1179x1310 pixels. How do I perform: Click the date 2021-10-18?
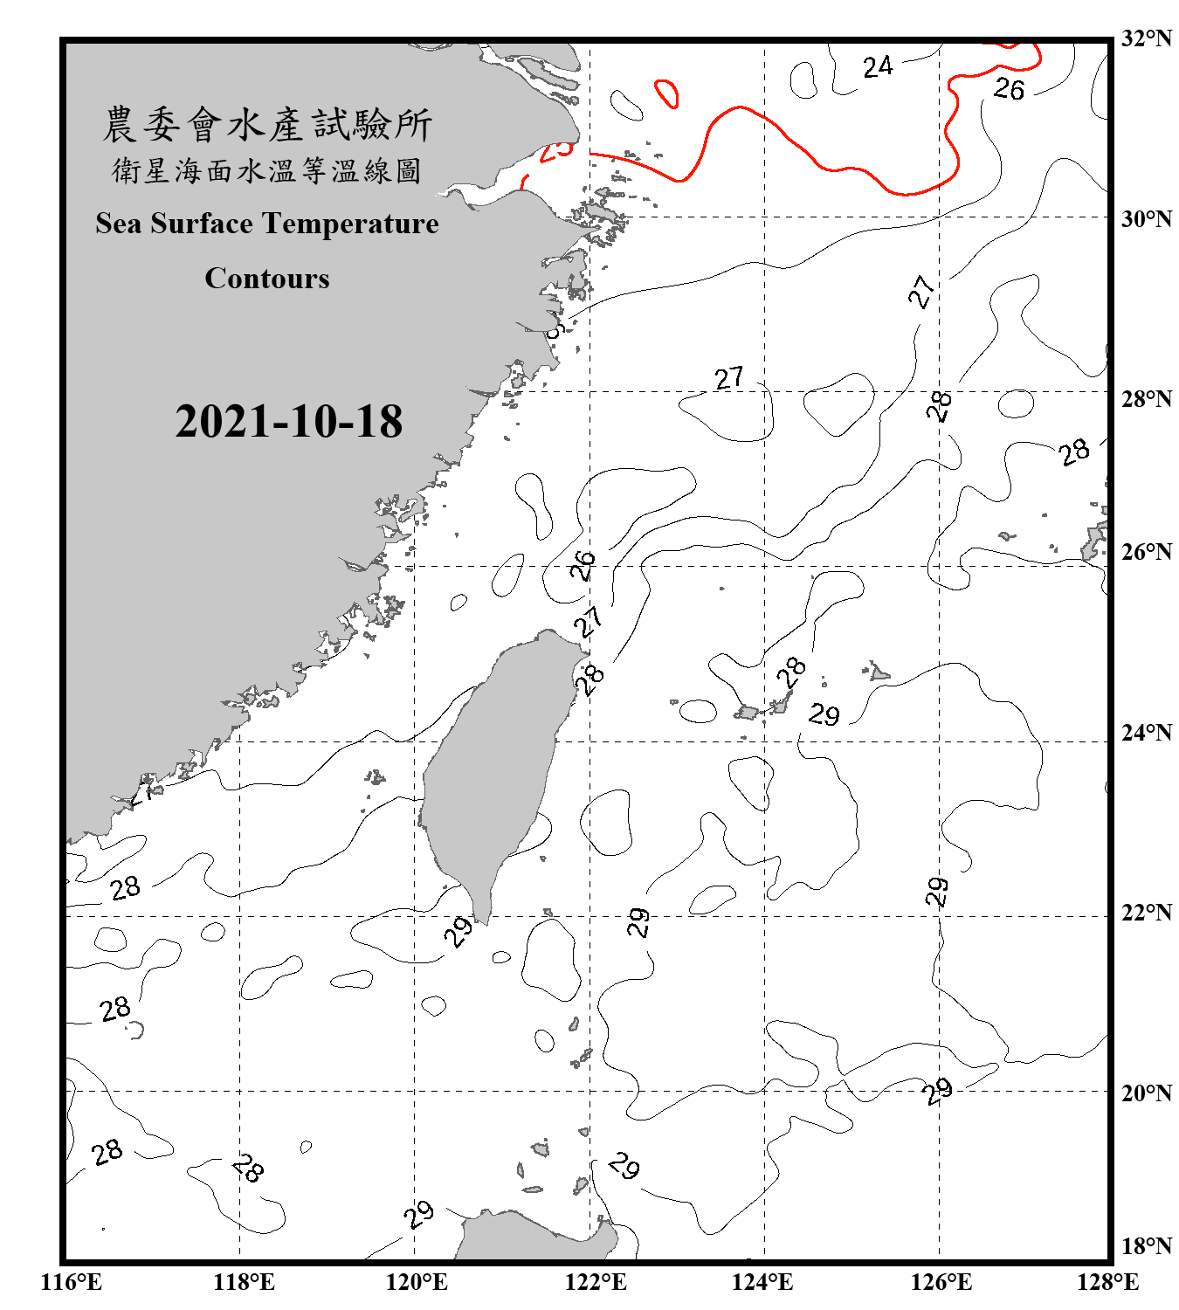[288, 422]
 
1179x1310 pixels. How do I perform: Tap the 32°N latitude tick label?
[1145, 38]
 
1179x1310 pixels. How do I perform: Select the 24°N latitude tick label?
[1145, 732]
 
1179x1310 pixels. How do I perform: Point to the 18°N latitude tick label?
[1145, 1246]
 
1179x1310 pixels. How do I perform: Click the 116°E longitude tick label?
[71, 1282]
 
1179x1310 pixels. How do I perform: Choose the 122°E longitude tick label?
[596, 1282]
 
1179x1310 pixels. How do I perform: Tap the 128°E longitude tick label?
[1107, 1282]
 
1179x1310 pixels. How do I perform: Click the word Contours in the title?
[267, 279]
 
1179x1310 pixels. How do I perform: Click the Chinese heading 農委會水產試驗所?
[267, 125]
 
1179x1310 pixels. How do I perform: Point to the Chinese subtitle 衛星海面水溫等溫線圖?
[267, 170]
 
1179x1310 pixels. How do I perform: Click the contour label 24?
[878, 67]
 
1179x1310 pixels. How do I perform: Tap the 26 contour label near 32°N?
[1009, 88]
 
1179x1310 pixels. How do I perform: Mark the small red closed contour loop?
[667, 93]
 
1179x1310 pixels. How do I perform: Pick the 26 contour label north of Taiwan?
[583, 565]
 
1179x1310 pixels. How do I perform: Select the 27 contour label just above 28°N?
[729, 378]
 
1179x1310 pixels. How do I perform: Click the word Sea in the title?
[120, 224]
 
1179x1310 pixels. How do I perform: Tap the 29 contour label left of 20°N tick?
[937, 1091]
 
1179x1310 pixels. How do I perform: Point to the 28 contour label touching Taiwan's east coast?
[591, 678]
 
